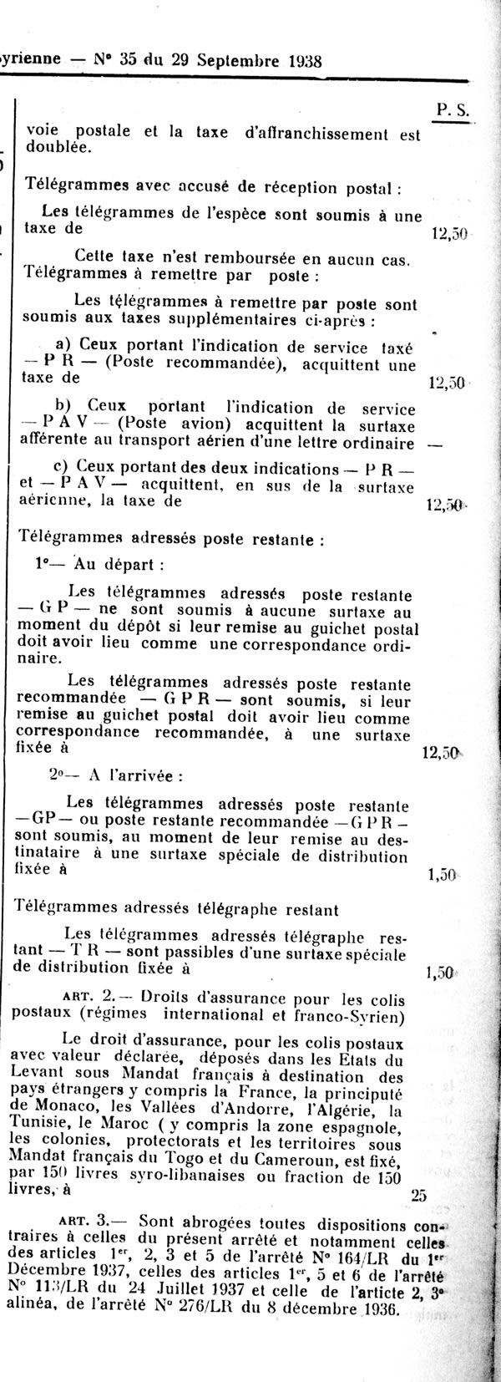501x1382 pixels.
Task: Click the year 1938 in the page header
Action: click(x=297, y=60)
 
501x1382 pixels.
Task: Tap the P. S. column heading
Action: click(x=452, y=109)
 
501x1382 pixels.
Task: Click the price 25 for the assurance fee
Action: click(x=419, y=1196)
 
